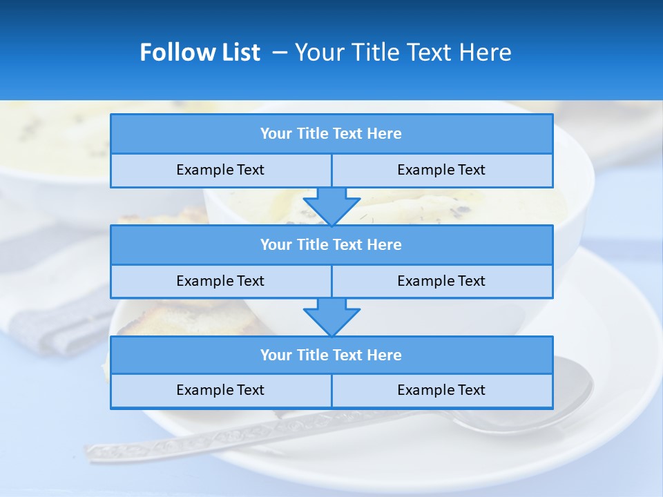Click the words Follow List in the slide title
tap(200, 52)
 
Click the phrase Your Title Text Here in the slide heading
tap(403, 52)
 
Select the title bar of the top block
tap(331, 134)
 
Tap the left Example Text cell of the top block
tap(220, 170)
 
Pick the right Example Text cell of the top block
tap(441, 170)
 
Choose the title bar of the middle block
tap(331, 244)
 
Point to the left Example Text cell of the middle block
tap(220, 281)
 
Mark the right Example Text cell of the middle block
tap(441, 281)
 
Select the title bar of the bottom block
tap(331, 355)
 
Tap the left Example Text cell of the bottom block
tap(220, 390)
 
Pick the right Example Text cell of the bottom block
tap(441, 390)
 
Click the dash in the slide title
tap(280, 52)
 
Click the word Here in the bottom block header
tap(385, 355)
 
